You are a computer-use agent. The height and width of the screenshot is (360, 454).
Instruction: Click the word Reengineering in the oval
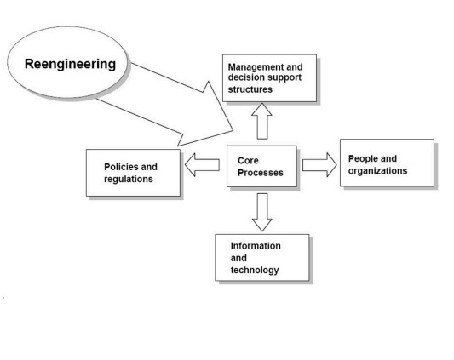pos(70,64)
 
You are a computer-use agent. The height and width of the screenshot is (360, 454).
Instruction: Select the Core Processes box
pos(261,167)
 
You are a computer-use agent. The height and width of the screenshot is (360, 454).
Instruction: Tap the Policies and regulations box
pos(133,173)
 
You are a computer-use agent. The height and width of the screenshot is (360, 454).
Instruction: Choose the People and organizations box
pos(387,163)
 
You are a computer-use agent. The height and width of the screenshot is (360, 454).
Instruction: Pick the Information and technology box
pos(262,258)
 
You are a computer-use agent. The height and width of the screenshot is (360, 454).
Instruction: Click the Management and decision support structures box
pos(269,78)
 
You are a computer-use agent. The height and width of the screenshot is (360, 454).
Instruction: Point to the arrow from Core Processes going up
pos(261,121)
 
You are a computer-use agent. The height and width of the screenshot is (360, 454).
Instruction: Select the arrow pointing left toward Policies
pos(202,164)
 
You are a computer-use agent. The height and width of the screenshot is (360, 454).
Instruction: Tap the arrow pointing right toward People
pos(319,165)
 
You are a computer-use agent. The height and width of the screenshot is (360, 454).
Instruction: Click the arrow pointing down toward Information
pos(262,212)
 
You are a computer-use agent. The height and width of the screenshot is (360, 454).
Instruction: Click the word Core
pos(248,160)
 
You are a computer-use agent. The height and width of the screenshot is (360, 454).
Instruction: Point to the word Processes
pos(261,173)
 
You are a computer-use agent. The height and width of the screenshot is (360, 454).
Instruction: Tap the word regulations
pos(129,179)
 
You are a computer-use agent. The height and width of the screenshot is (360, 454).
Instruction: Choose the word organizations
pos(377,171)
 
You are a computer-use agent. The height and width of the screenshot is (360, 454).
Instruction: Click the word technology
pos(255,270)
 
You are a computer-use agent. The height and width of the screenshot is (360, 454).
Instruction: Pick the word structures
pos(250,89)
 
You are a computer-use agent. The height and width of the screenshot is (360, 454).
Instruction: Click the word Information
pos(256,246)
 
